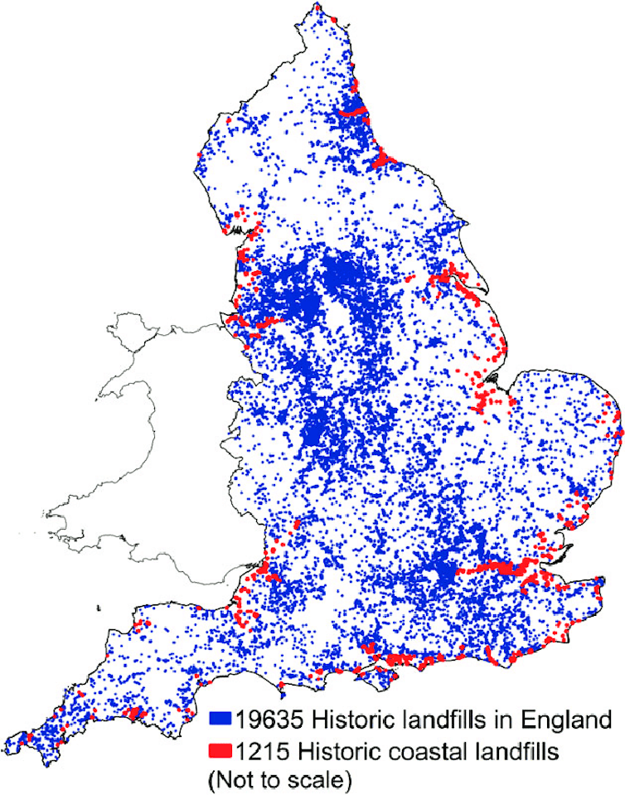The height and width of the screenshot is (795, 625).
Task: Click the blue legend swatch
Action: (x=220, y=718)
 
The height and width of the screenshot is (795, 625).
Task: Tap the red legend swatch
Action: (x=220, y=752)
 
